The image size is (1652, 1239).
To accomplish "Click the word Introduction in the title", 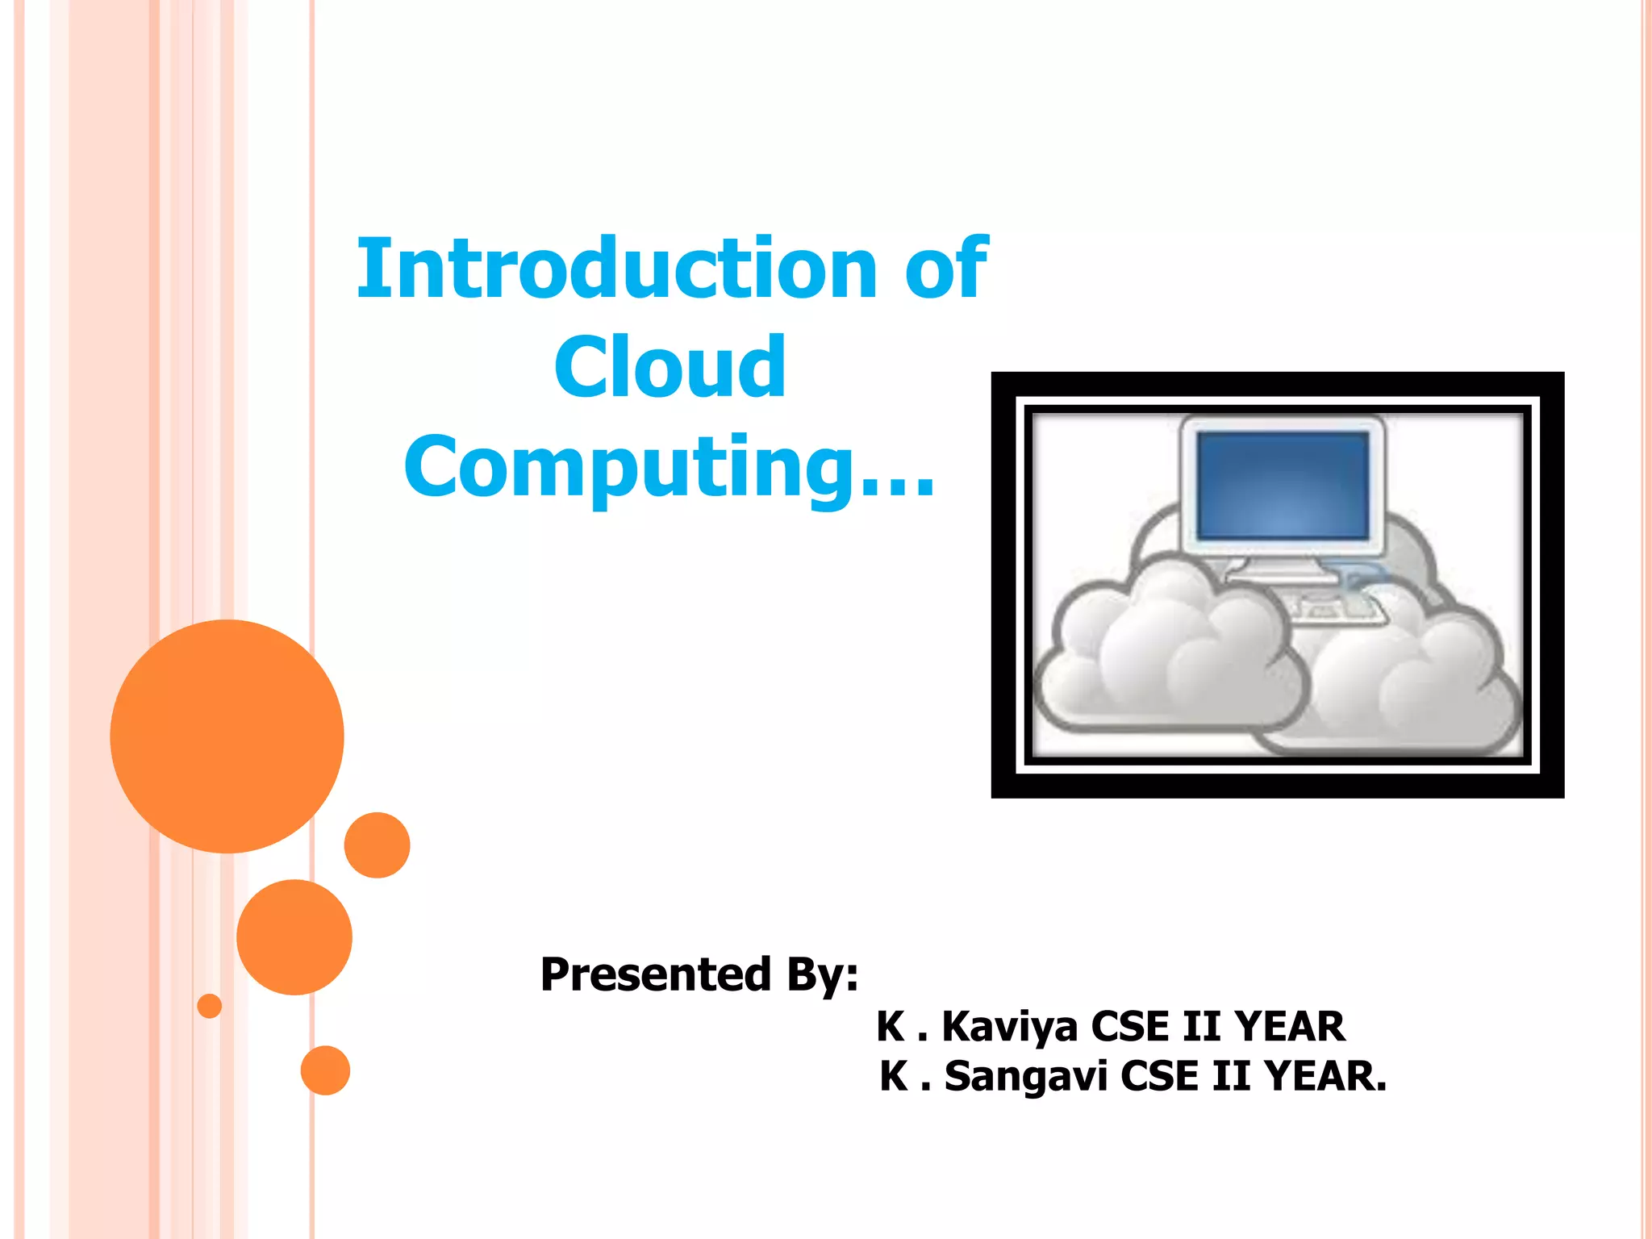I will [617, 269].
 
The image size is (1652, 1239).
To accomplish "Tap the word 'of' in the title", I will [945, 269].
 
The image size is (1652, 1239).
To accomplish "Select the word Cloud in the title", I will [670, 368].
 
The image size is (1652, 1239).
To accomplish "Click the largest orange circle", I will [227, 736].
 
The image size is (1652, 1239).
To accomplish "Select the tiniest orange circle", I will [209, 1006].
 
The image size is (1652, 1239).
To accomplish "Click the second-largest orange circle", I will [294, 937].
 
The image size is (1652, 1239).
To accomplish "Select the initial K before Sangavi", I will [894, 1076].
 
